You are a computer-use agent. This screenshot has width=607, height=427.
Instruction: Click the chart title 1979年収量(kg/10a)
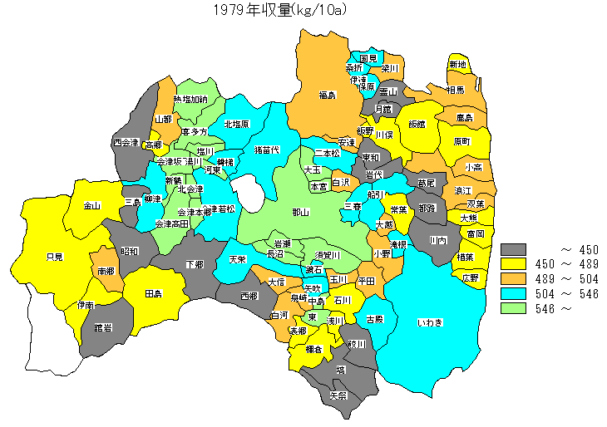pos(279,10)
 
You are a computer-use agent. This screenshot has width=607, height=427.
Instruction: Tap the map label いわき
pos(431,321)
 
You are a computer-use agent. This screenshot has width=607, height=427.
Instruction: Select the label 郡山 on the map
pos(300,213)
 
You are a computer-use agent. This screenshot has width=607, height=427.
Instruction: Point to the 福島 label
pos(327,96)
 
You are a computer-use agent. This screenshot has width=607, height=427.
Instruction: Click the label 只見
pos(54,257)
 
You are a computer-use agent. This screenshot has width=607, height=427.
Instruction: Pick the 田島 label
pos(153,294)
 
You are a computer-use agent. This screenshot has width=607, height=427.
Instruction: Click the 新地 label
pos(457,65)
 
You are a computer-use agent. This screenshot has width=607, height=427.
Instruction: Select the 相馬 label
pos(455,90)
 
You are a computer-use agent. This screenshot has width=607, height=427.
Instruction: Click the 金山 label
pos(91,205)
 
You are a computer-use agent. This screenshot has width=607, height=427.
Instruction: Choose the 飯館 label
pos(416,125)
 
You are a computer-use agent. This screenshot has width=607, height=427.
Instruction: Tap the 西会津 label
pos(126,143)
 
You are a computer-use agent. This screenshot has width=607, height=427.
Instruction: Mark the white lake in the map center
pos(248,192)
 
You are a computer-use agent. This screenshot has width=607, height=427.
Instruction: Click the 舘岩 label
pos(104,327)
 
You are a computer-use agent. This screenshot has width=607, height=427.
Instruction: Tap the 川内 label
pos(438,240)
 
